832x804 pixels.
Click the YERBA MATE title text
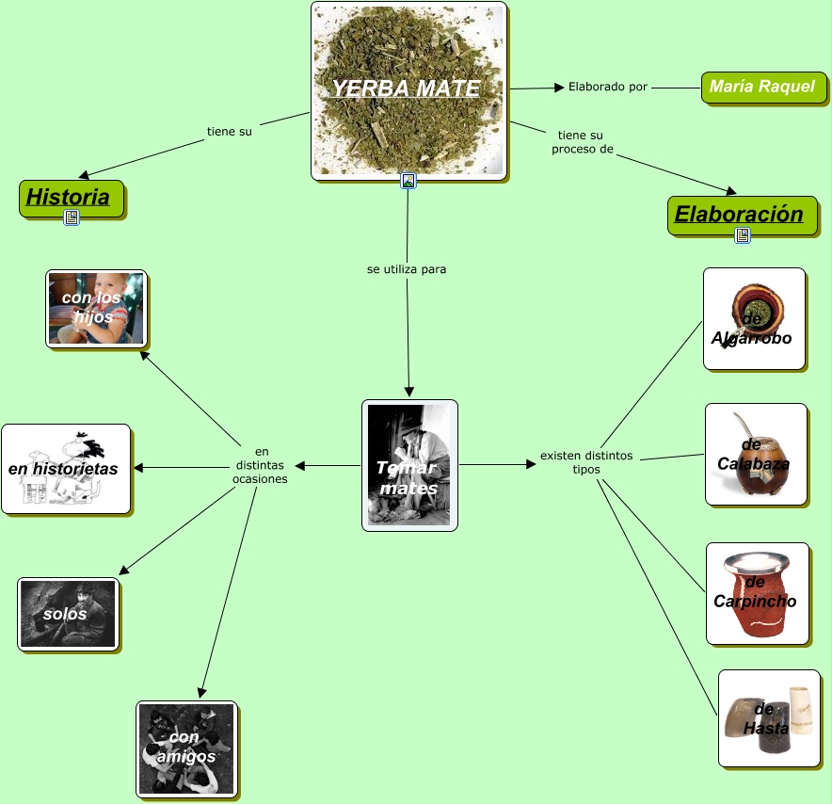tap(406, 88)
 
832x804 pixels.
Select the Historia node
tap(68, 198)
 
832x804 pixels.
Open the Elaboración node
tap(739, 214)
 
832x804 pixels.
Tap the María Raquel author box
tap(762, 87)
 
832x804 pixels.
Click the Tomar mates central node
tap(408, 465)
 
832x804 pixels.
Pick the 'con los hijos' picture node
tap(95, 308)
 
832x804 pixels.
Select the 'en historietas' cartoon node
tap(64, 468)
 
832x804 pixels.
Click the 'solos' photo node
tap(68, 614)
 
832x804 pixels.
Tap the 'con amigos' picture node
tap(185, 748)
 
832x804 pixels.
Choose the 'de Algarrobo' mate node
tap(753, 318)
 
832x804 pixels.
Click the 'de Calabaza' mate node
tap(755, 455)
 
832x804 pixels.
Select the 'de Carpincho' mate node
tap(756, 592)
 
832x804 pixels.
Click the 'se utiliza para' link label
tap(407, 269)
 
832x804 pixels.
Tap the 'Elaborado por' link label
tap(608, 87)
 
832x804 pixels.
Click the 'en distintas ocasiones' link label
tap(261, 464)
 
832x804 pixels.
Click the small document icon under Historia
tap(72, 217)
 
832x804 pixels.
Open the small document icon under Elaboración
tap(742, 235)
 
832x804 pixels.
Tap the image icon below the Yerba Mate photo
tap(408, 181)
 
